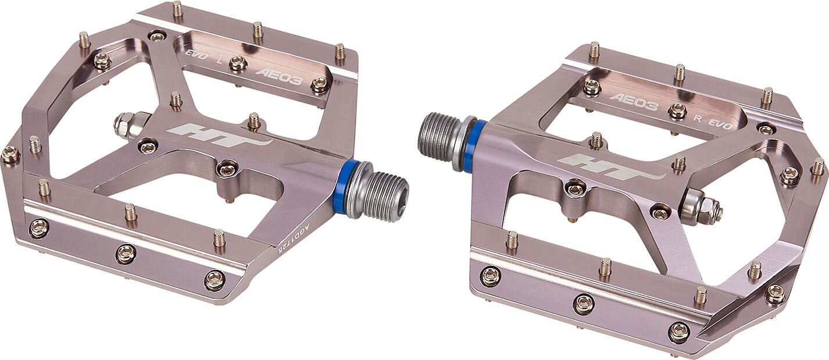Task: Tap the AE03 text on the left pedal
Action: tap(278, 76)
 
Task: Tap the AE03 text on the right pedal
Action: tap(634, 102)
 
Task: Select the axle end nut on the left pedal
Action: tap(125, 124)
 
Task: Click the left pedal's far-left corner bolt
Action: tap(10, 155)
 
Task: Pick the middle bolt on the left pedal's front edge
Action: tap(125, 254)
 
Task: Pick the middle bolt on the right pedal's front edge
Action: tap(584, 304)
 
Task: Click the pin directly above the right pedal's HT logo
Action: tap(596, 140)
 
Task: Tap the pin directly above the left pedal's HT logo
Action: tap(254, 120)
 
